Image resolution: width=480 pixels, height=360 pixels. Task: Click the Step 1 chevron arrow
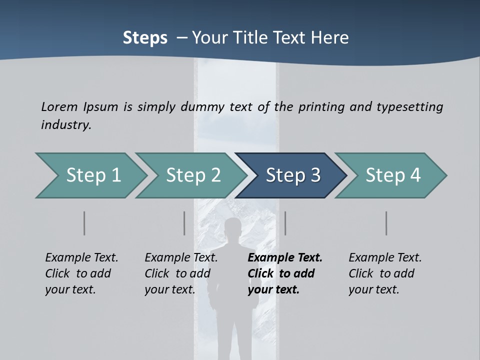click(90, 175)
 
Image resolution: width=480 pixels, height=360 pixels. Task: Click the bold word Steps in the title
click(145, 38)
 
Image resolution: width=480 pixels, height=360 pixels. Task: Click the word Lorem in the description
click(59, 106)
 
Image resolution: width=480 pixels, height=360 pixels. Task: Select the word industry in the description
click(65, 125)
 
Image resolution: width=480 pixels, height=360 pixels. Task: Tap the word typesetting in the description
click(409, 106)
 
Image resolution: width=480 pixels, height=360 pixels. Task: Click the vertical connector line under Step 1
click(84, 223)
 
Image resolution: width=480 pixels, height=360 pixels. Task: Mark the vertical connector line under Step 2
click(184, 223)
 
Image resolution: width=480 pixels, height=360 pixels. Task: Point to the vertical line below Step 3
click(285, 223)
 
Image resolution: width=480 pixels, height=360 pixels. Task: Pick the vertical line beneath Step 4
click(386, 223)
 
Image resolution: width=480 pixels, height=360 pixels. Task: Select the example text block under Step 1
click(81, 273)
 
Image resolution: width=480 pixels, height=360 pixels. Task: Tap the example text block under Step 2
click(181, 273)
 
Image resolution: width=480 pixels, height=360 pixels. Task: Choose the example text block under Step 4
click(385, 273)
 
